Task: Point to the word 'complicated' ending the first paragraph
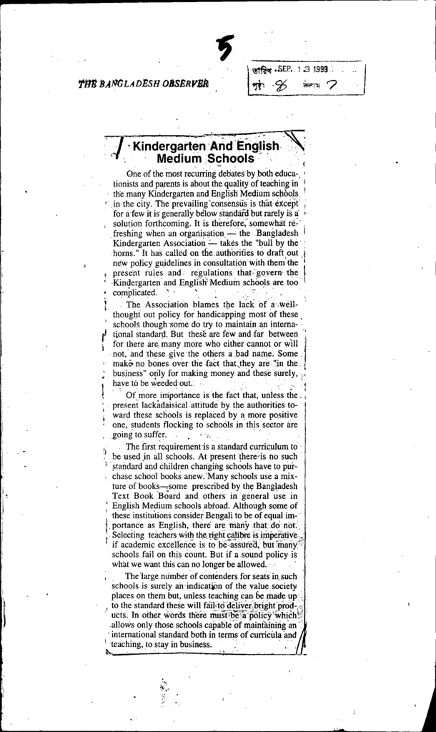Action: [x=134, y=293]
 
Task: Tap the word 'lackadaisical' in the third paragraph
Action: [x=171, y=405]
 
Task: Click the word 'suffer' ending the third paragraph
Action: [x=152, y=435]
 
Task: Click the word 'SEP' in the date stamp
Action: [x=274, y=69]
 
